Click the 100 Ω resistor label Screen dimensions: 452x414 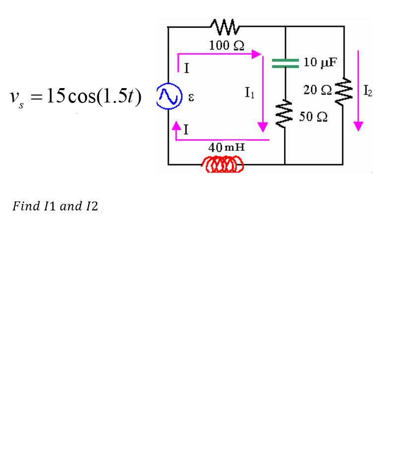[x=226, y=46]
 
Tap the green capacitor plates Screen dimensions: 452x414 [x=286, y=62]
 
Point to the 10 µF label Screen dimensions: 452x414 [x=320, y=62]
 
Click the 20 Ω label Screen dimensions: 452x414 [x=318, y=90]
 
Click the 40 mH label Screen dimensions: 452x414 [x=226, y=148]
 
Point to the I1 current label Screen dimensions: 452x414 [x=249, y=92]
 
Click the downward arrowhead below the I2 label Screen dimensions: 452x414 [x=358, y=126]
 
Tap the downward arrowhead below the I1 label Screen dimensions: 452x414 [x=263, y=127]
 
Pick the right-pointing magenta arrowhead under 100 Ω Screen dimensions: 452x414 [x=256, y=54]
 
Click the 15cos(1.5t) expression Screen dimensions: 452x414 [x=94, y=96]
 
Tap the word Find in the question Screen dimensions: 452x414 [x=26, y=206]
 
